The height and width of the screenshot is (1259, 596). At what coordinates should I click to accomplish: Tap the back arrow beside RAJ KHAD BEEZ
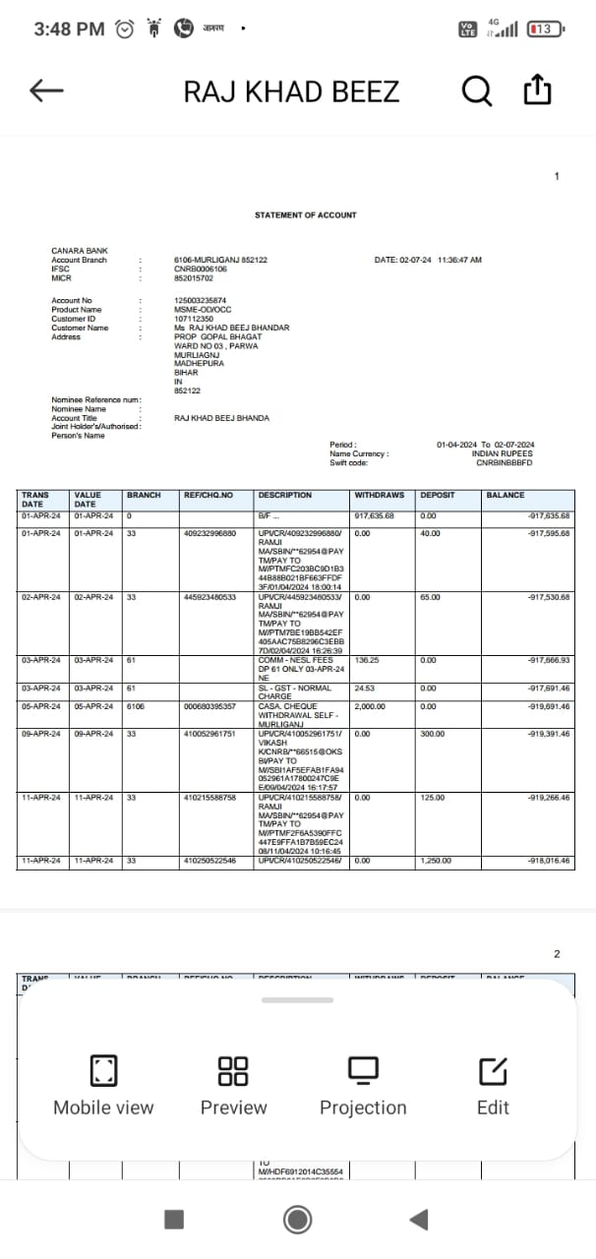click(46, 91)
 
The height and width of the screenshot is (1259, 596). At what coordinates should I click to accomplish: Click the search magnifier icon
click(476, 91)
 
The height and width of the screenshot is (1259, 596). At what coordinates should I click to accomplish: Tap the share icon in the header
click(537, 91)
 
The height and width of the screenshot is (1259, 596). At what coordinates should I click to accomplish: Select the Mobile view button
click(103, 1086)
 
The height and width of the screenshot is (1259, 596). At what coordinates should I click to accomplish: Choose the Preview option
click(233, 1086)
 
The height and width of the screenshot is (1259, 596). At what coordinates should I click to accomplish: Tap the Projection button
click(363, 1086)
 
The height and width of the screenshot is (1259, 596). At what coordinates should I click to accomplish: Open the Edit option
click(493, 1086)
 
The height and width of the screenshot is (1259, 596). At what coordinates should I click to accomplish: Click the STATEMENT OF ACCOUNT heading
click(305, 214)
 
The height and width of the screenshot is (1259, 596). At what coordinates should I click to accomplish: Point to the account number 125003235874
click(201, 301)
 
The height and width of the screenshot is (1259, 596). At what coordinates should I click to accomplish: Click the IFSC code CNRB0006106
click(201, 269)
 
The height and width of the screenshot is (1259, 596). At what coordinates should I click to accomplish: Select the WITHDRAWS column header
click(378, 495)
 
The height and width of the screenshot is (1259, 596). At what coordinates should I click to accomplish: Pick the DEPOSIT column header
click(438, 495)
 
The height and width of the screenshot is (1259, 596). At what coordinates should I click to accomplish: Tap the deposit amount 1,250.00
click(437, 861)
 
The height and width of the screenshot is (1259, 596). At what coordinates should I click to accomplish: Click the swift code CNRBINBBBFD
click(504, 462)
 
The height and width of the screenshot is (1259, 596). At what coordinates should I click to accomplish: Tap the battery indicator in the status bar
click(545, 30)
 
